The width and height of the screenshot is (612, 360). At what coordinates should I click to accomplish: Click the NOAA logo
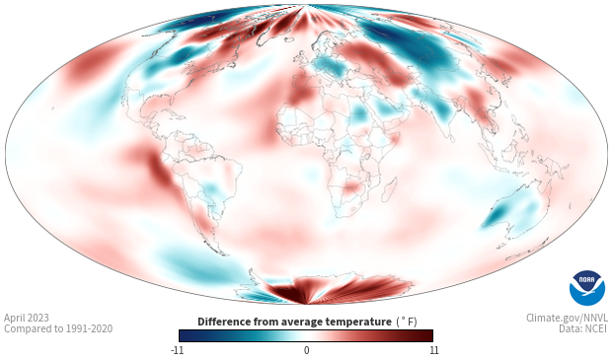coord(587,288)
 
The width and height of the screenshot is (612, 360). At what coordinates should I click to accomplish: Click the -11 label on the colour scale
coord(178,350)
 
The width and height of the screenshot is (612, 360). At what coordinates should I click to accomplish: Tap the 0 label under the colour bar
coord(306,350)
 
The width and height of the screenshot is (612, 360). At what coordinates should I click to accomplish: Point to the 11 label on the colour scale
coord(433,350)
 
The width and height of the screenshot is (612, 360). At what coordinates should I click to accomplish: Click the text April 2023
coord(27,318)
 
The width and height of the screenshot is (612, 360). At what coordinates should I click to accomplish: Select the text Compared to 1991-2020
coord(58,328)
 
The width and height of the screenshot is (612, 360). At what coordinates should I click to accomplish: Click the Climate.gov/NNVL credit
coord(567,318)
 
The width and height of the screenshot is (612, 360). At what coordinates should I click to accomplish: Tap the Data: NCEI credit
coord(583,328)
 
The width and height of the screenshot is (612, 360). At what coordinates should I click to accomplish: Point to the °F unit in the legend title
coord(407,322)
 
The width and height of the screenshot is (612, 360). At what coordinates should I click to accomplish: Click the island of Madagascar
coord(390,189)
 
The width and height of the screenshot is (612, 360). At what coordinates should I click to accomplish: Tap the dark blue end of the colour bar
coord(186,335)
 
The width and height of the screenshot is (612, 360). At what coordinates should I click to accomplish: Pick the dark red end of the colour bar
coord(426,335)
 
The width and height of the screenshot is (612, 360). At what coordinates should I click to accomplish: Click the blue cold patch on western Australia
coord(500,210)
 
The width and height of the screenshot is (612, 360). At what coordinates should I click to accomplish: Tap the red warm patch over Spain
coord(301,90)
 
